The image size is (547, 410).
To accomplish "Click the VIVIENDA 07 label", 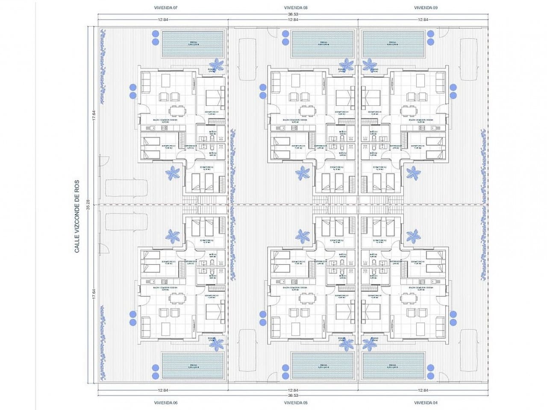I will [x=165, y=8].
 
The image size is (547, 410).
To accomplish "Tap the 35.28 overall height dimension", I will [x=88, y=205].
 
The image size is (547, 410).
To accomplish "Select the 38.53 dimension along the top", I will [x=293, y=14].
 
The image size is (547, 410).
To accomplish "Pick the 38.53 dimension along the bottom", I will [x=293, y=396].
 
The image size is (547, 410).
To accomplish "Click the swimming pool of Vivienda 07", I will [x=193, y=44].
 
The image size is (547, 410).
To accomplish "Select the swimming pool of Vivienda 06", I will [x=193, y=366].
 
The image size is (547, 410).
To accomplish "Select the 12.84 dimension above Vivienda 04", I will [x=423, y=390].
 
